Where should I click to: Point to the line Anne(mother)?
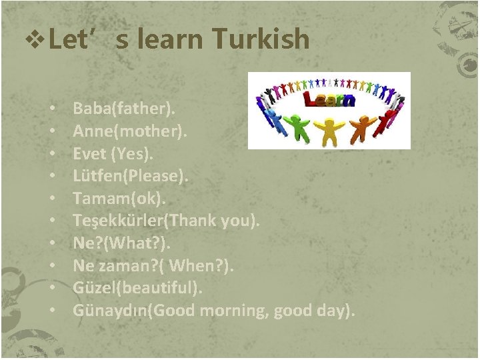pyautogui.click(x=130, y=130)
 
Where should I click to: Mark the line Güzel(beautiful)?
pyautogui.click(x=137, y=289)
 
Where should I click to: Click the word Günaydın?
pyautogui.click(x=109, y=311)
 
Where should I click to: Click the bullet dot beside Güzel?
pyautogui.click(x=51, y=289)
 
